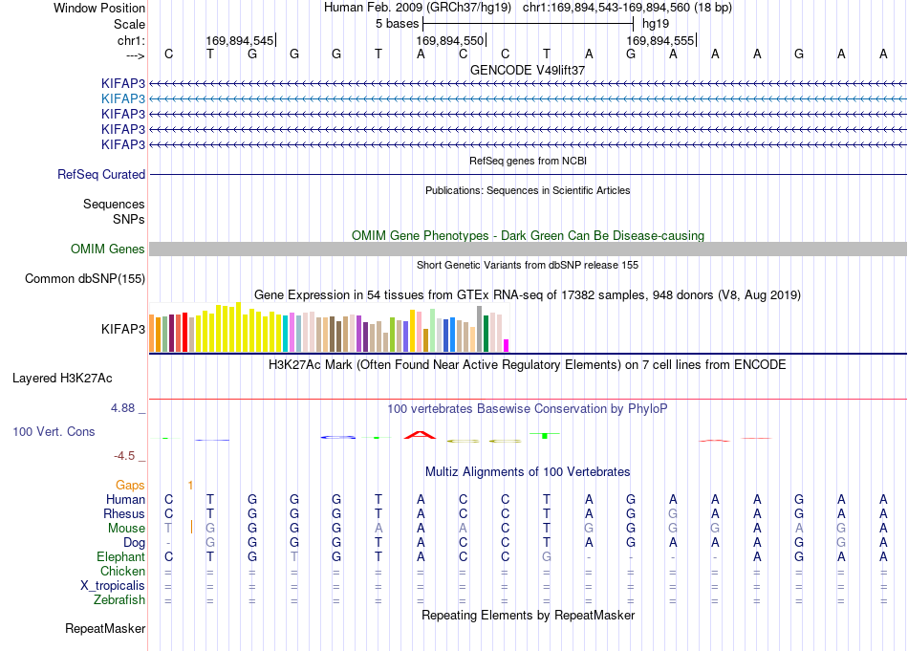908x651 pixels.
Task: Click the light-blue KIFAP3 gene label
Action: [x=122, y=98]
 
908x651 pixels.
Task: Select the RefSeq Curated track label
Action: [x=101, y=174]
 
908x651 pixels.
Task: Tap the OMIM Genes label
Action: [x=108, y=250]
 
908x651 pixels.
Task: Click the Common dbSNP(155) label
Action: [x=85, y=278]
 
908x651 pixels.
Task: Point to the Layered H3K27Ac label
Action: [x=62, y=379]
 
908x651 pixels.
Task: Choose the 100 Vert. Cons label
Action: [x=54, y=431]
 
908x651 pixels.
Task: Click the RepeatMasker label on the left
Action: [x=105, y=628]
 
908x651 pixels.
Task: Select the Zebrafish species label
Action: [x=119, y=600]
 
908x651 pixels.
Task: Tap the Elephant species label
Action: [x=121, y=556]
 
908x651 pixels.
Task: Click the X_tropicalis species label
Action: [x=113, y=586]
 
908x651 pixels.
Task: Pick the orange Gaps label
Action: [x=130, y=485]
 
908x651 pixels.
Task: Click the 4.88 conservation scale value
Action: [x=122, y=408]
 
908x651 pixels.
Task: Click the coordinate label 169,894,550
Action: [x=449, y=40]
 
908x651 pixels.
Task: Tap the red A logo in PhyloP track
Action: [x=420, y=434]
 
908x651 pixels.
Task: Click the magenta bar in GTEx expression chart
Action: [x=507, y=346]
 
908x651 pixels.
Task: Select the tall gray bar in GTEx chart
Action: [x=480, y=329]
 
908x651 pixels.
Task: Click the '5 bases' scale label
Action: [x=398, y=24]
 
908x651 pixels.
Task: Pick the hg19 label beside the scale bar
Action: [x=656, y=24]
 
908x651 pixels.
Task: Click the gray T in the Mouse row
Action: [x=168, y=529]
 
